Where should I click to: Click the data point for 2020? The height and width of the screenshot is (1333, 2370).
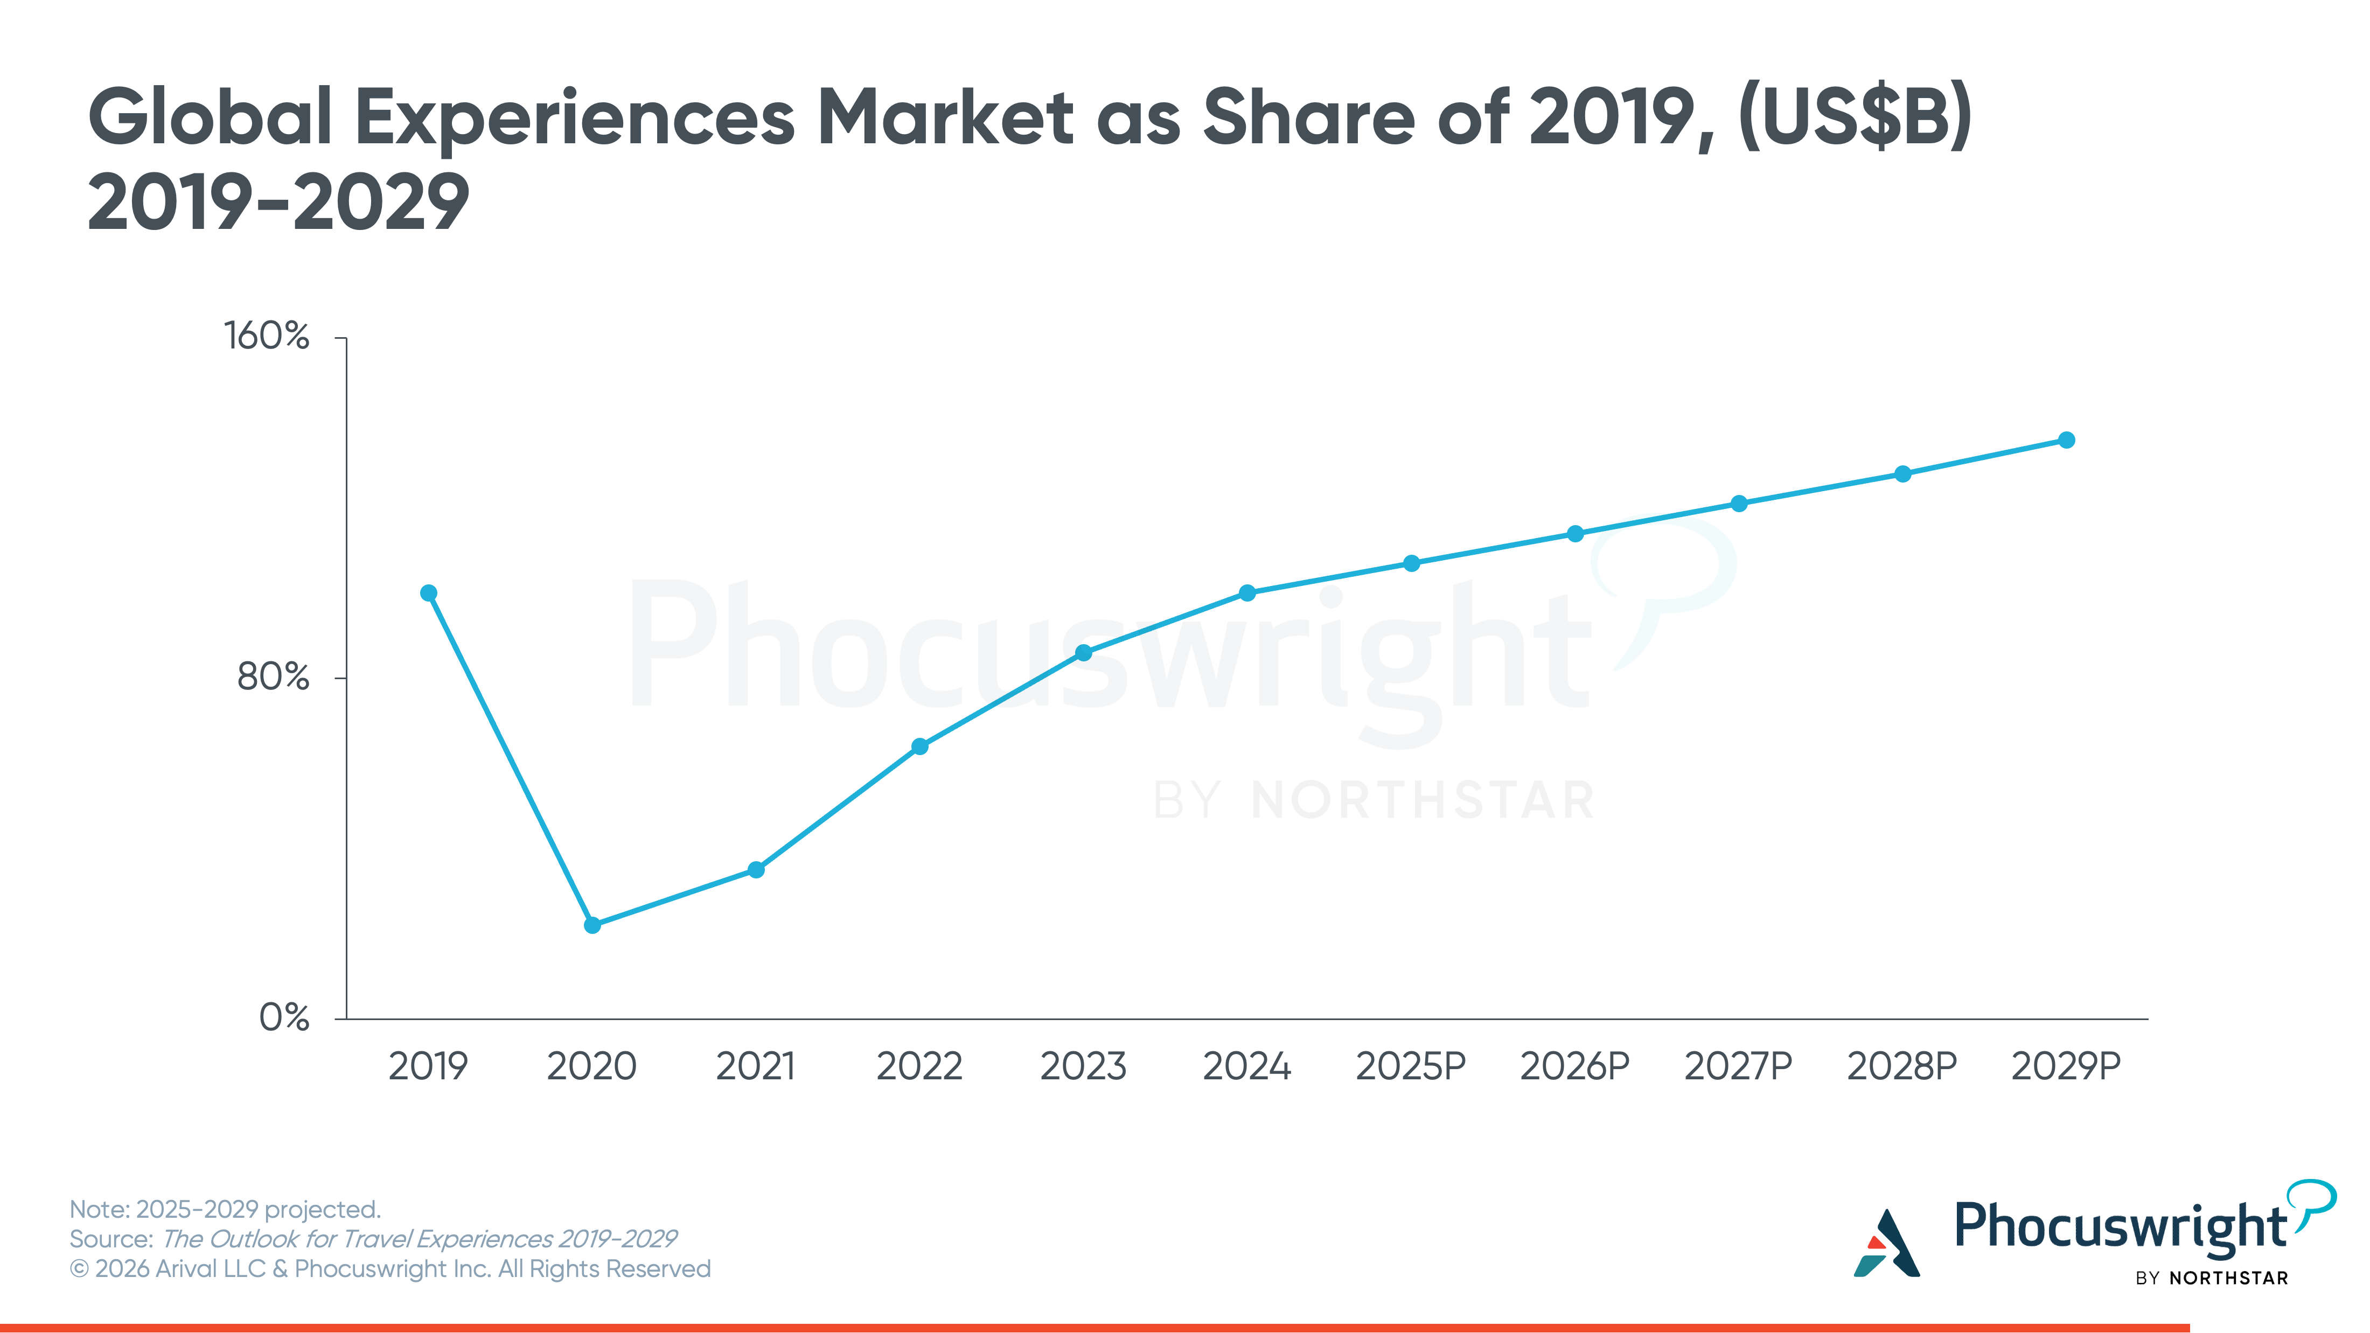(x=593, y=925)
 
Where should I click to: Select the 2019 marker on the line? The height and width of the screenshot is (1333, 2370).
(x=429, y=594)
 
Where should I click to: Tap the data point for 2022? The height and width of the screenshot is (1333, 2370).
(x=920, y=746)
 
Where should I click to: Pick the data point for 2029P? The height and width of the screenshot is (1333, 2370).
(x=2066, y=439)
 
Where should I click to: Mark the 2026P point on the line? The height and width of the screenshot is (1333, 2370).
(x=1575, y=534)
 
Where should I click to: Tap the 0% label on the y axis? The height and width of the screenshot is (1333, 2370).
(x=283, y=1017)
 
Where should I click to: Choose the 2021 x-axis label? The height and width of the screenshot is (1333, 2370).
(x=755, y=1066)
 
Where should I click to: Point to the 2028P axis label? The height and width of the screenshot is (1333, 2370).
(x=1902, y=1066)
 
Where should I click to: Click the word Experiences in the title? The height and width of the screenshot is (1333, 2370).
(x=575, y=118)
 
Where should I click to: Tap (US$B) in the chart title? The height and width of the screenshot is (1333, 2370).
(x=1855, y=118)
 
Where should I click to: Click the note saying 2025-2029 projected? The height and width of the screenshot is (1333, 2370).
(x=225, y=1209)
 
